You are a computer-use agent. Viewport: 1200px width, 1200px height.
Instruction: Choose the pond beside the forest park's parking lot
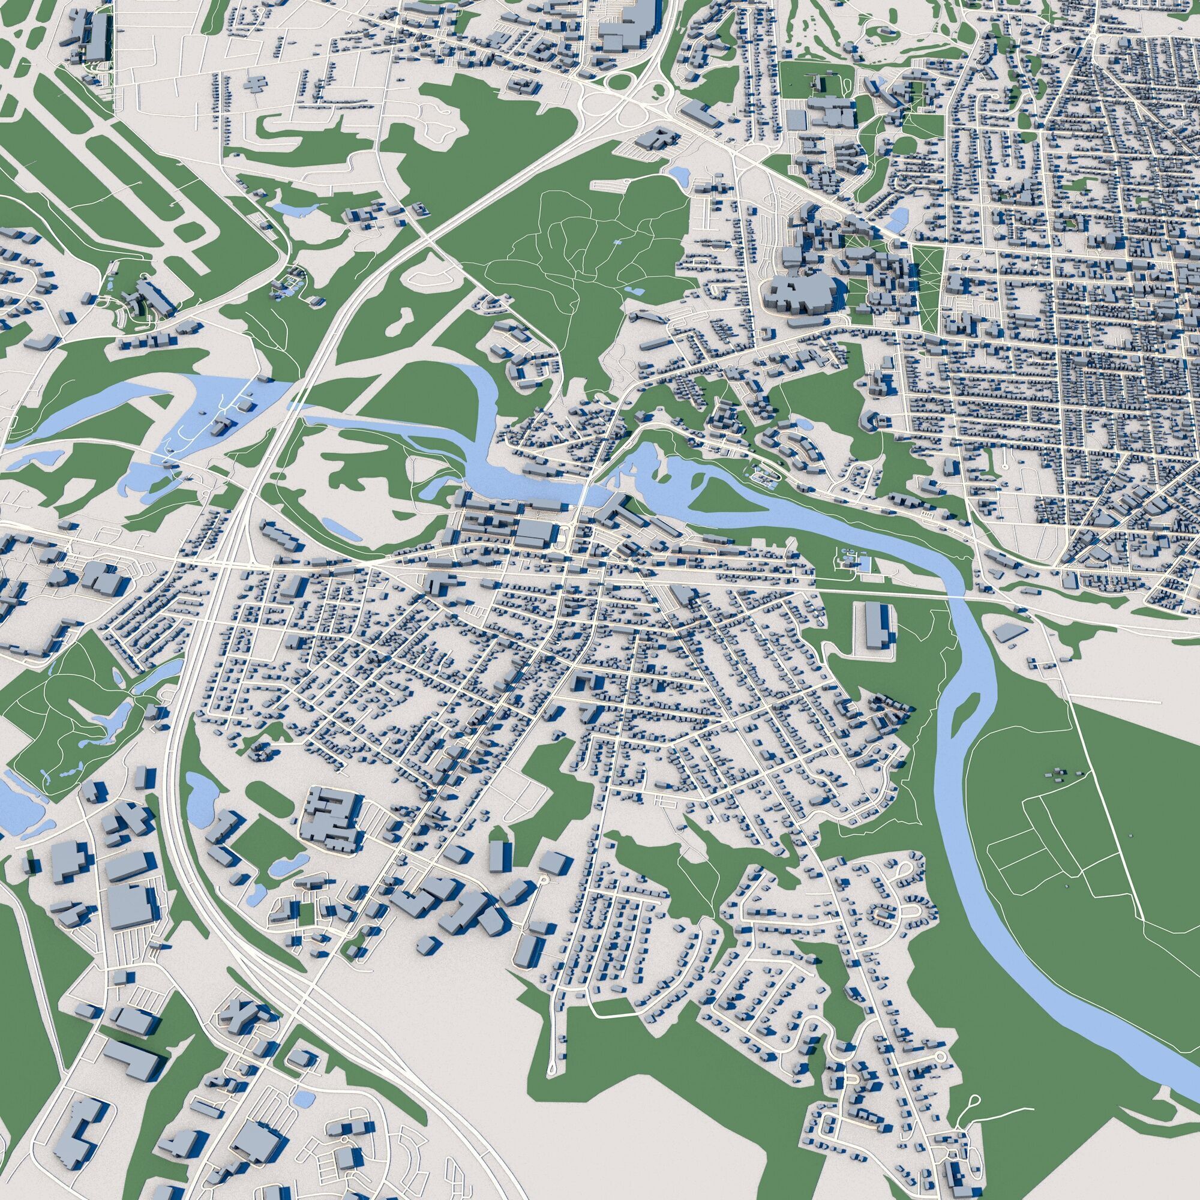677,175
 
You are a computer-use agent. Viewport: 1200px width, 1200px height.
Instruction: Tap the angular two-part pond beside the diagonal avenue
898,217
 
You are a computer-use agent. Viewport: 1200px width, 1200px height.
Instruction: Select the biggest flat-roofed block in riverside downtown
534,531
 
